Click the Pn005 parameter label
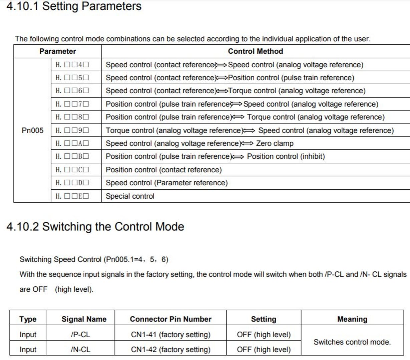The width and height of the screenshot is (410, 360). point(32,130)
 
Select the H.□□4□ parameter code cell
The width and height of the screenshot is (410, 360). point(72,65)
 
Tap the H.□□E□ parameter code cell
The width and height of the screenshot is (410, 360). point(72,196)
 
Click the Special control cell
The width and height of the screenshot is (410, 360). point(130,196)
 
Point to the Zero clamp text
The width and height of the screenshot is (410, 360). point(275,143)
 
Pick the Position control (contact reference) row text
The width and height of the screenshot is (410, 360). point(163,170)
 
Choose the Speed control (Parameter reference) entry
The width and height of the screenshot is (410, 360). point(166,183)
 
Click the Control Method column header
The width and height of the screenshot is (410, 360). point(255,51)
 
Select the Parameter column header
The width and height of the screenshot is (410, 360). point(57,51)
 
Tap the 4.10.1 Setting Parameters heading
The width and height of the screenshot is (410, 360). point(74,6)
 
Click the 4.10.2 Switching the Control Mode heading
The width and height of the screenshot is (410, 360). point(95,227)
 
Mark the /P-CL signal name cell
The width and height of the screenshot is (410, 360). point(80,334)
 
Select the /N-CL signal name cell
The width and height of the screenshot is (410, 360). point(80,349)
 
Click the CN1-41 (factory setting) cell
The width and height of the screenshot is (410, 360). point(170,334)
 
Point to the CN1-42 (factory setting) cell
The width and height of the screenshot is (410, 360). point(170,349)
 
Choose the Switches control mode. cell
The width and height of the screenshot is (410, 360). point(352,342)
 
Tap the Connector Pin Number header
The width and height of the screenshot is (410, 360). point(170,319)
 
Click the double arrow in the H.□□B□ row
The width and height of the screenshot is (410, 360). point(238,157)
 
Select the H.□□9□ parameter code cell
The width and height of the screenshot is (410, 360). point(72,130)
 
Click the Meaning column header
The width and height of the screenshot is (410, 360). point(352,319)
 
